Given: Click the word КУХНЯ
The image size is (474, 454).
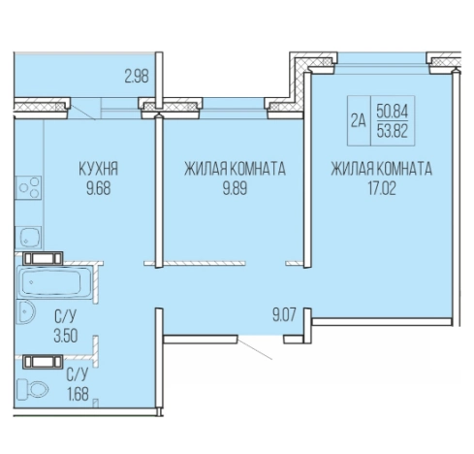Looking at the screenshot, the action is (x=99, y=169).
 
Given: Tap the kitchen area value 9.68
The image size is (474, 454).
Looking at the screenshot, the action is (x=99, y=188).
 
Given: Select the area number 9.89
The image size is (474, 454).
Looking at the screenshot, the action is (x=235, y=188).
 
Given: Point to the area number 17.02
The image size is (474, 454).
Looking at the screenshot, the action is (x=382, y=188).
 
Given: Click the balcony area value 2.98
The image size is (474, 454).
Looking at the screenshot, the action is (x=137, y=77).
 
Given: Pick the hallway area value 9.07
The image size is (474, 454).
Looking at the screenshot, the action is (x=284, y=314).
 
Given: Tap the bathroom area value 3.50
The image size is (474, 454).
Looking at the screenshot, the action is (x=66, y=336).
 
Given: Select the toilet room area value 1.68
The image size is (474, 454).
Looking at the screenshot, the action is (x=78, y=394).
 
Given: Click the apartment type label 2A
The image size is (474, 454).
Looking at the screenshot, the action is (x=359, y=121).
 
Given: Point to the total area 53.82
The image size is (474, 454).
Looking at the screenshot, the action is (x=393, y=131).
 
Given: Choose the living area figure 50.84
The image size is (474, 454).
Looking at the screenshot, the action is (x=393, y=112).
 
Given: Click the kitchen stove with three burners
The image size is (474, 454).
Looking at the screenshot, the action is (x=29, y=187).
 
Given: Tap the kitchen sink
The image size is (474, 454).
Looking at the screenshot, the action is (x=29, y=237).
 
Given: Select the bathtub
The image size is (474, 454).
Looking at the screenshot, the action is (x=53, y=281).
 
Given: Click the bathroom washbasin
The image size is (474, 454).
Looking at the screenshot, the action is (x=26, y=311).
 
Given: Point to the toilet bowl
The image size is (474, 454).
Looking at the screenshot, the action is (x=32, y=389).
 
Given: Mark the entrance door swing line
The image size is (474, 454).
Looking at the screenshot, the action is (x=255, y=347).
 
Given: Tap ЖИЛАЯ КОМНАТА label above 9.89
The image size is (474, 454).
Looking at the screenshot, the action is (x=235, y=169).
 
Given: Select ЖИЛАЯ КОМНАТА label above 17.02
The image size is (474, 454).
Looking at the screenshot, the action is (x=382, y=169).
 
